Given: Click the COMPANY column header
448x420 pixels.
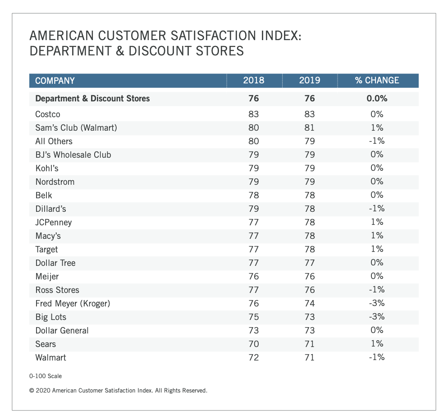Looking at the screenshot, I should point(55,81).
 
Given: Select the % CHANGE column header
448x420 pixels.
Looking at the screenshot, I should point(377,81).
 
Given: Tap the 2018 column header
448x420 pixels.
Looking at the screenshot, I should point(254,81).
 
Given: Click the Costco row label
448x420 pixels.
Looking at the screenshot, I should point(48,114).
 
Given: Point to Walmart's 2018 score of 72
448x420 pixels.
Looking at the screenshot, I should point(254,357).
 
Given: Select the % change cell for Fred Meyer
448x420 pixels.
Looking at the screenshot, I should point(377,303).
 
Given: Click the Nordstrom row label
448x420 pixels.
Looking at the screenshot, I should point(55,182).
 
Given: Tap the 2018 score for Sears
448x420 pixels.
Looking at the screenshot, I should point(254,344).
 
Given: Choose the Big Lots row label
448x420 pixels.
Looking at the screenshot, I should point(48,317).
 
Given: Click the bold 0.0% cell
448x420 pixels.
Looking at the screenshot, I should point(377,98).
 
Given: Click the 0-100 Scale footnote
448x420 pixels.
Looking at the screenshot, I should point(46,376).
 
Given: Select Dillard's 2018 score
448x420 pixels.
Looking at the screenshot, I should point(254,209).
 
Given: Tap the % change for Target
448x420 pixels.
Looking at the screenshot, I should point(377,249).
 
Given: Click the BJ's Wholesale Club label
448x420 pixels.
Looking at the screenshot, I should point(73,155).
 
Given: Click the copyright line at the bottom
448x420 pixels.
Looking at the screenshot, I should point(118,391).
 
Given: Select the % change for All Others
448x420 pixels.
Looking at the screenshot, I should point(377,141).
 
